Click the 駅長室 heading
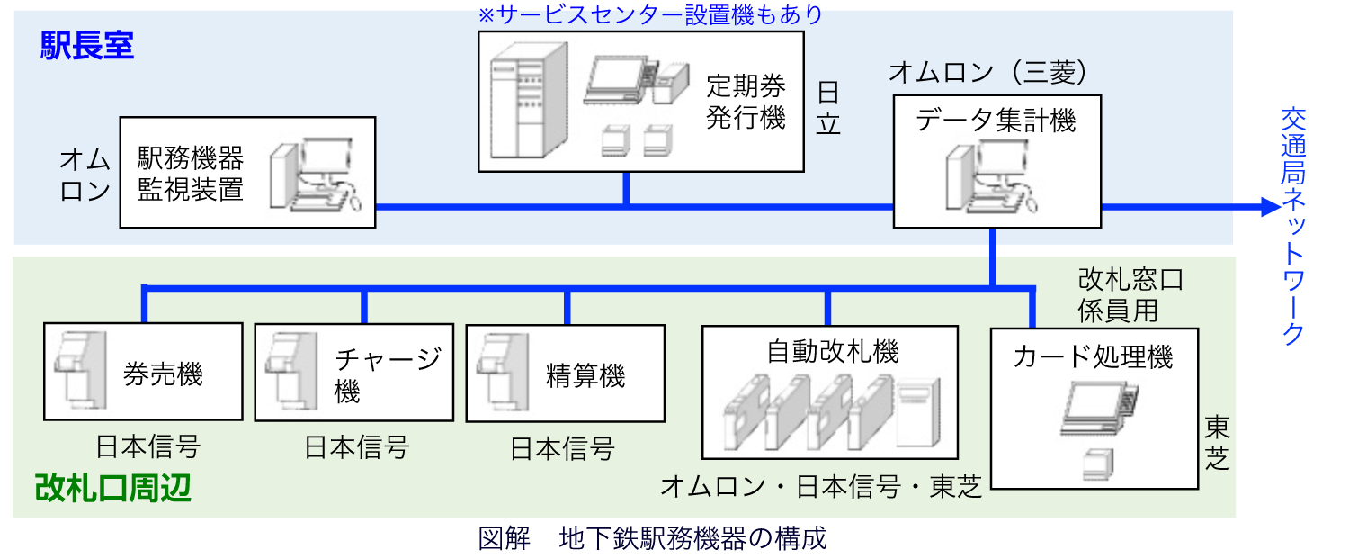click(x=87, y=46)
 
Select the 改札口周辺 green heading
click(x=113, y=488)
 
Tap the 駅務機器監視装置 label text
click(x=191, y=174)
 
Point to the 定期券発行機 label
click(x=746, y=102)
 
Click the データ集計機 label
click(x=996, y=120)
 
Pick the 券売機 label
click(x=163, y=374)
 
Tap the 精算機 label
click(x=585, y=376)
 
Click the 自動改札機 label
click(x=833, y=351)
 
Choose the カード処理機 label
click(x=1093, y=356)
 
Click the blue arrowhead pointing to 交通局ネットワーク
click(x=1271, y=207)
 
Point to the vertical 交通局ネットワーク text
click(x=1293, y=227)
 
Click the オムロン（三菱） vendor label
click(x=987, y=72)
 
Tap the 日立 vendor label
click(x=828, y=108)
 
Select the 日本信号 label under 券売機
click(x=148, y=447)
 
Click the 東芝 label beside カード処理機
click(x=1217, y=443)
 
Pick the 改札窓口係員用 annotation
click(x=1130, y=295)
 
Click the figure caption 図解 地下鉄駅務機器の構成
click(x=653, y=538)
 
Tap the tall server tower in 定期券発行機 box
click(x=529, y=100)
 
